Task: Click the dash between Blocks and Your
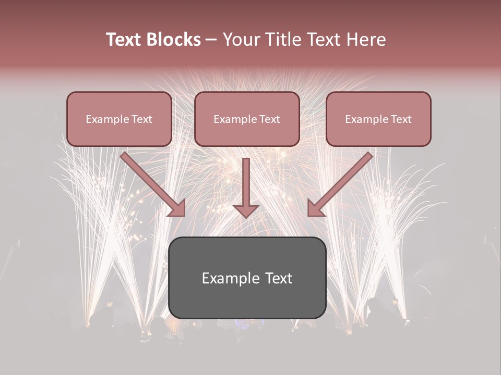[211, 40]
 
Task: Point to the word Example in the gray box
[227, 278]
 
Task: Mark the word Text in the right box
[401, 119]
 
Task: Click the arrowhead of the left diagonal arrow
[177, 208]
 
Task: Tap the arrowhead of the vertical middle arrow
[246, 210]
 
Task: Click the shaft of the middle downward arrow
[246, 180]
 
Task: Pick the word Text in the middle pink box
[270, 119]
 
